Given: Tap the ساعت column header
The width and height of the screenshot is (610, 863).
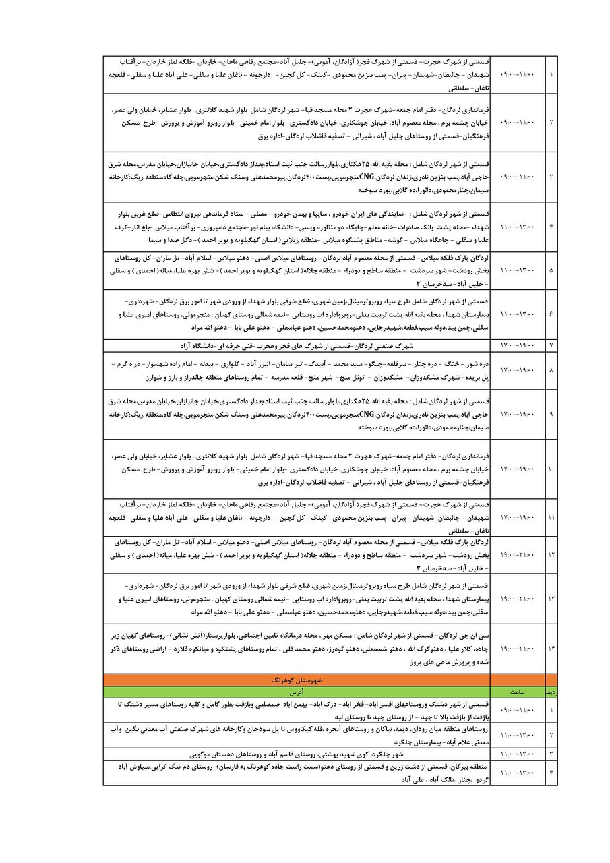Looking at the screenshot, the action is click(519, 692).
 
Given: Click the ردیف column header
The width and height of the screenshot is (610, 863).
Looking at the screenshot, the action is click(551, 692).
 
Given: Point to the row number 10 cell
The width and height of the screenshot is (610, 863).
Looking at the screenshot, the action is click(551, 468).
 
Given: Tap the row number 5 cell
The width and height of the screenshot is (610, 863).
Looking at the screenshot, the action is click(551, 270).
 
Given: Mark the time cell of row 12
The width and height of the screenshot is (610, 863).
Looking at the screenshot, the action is click(519, 554).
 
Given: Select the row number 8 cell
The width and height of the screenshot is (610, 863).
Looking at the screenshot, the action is click(551, 370).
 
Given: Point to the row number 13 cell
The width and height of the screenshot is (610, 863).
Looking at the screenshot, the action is click(551, 598).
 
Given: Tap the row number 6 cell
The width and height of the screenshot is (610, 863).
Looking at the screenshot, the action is click(551, 315).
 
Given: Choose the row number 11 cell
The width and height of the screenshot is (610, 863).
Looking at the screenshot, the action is click(551, 517).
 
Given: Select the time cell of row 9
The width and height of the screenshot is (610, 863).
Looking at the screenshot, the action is click(519, 413).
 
